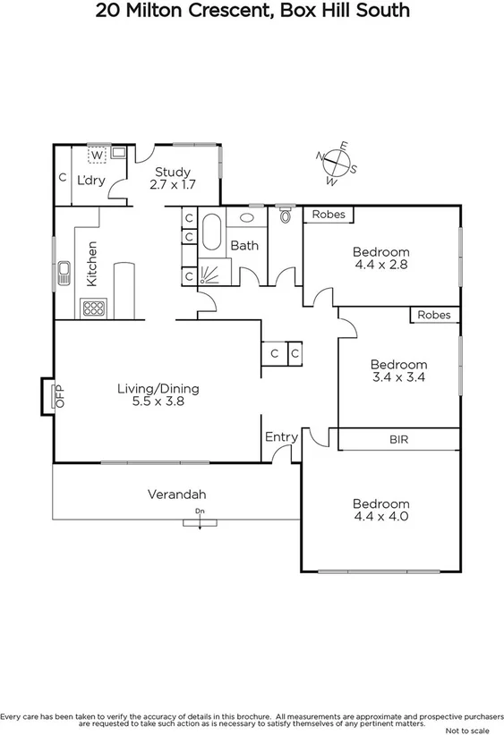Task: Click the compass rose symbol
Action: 337,164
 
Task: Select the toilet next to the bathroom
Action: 286,215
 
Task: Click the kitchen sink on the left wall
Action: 64,274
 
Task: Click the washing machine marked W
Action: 95,155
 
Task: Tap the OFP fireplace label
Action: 62,396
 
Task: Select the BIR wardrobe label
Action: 398,440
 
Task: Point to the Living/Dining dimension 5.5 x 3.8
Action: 158,402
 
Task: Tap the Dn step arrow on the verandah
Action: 199,517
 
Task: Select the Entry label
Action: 281,436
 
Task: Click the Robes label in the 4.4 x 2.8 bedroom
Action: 329,215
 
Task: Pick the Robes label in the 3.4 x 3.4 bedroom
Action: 434,315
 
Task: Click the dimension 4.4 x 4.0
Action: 380,516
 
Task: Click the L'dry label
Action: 90,180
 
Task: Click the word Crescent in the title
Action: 232,12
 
